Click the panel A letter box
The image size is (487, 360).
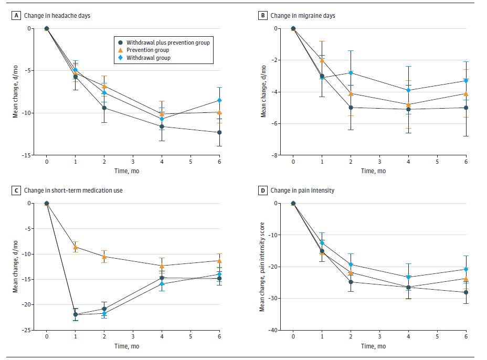pyautogui.click(x=17, y=16)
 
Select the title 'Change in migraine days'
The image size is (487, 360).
pyautogui.click(x=303, y=16)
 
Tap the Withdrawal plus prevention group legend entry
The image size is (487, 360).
pyautogui.click(x=163, y=42)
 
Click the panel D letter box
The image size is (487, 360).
pyautogui.click(x=263, y=190)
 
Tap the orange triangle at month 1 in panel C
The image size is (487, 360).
pyautogui.click(x=76, y=247)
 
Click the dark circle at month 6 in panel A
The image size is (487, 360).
pyautogui.click(x=219, y=132)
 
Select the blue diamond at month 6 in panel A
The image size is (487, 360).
pyautogui.click(x=219, y=100)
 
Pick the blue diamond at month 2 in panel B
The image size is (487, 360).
pyautogui.click(x=351, y=72)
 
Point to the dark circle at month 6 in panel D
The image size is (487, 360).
pyautogui.click(x=465, y=292)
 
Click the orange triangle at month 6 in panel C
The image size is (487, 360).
pyautogui.click(x=219, y=260)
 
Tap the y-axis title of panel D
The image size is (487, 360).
pyautogui.click(x=262, y=267)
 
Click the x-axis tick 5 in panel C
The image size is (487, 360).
pyautogui.click(x=190, y=336)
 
